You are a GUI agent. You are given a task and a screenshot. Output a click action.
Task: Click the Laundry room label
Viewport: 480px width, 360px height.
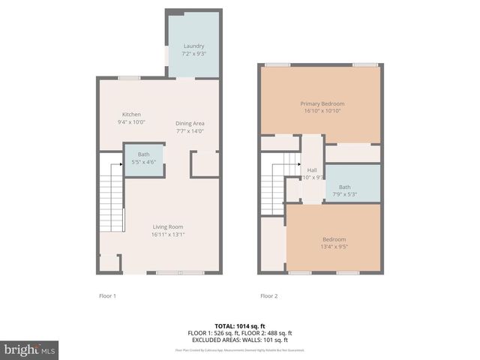(x=193, y=46)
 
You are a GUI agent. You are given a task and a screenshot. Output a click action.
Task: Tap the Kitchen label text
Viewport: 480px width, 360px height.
(x=131, y=114)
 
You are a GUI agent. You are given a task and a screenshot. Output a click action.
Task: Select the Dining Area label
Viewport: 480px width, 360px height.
(x=190, y=123)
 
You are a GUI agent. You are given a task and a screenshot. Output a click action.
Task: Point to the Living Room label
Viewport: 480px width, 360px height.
(x=167, y=226)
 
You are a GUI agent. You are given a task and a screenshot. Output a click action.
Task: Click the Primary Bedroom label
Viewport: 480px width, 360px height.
(x=321, y=103)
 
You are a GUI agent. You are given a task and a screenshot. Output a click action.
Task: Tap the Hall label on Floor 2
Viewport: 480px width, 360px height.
(x=312, y=170)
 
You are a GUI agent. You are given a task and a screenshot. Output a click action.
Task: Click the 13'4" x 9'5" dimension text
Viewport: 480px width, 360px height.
(x=334, y=246)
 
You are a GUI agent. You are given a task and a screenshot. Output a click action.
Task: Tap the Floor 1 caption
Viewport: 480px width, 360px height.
(x=108, y=296)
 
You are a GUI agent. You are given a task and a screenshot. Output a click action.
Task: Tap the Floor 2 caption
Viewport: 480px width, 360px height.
(x=268, y=296)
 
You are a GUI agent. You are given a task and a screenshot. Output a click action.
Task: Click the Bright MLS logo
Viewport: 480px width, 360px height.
(x=30, y=349)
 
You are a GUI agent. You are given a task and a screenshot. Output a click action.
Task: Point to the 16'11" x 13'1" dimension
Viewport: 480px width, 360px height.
(x=167, y=234)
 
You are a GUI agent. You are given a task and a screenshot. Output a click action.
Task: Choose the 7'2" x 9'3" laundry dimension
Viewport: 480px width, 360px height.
(x=193, y=54)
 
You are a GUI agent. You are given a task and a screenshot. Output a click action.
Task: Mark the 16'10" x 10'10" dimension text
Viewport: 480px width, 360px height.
(x=321, y=110)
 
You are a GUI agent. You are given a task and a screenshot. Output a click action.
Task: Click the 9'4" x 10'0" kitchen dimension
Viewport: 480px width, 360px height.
(x=131, y=121)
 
